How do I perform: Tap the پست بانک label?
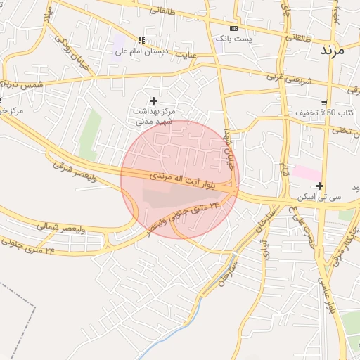(233, 37)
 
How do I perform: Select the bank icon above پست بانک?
(233, 27)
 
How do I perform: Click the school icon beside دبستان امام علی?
(141, 40)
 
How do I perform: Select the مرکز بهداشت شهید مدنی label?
(155, 116)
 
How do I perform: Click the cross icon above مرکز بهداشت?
(154, 101)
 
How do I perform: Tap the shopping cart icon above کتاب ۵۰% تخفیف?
(323, 102)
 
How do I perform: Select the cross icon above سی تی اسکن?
(320, 186)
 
